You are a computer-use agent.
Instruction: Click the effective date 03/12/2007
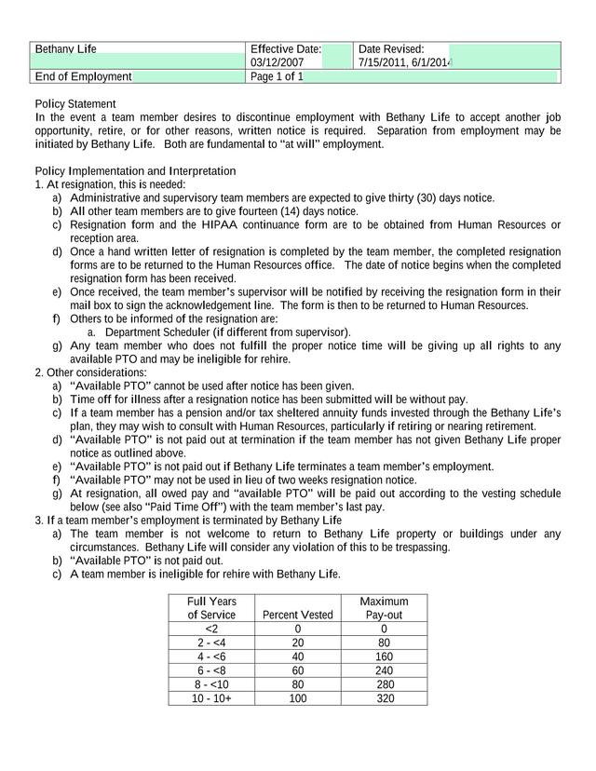(278, 62)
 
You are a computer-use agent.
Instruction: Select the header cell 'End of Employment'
(83, 76)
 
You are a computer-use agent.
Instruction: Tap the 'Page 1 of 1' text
(278, 76)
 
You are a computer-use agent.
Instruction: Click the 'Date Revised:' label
(391, 48)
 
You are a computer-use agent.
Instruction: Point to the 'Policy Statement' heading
(75, 103)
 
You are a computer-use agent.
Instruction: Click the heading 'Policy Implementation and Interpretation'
(135, 170)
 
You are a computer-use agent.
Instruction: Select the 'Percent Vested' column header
(297, 615)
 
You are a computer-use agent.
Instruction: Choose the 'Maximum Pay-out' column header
(384, 608)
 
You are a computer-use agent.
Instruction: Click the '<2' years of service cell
(211, 629)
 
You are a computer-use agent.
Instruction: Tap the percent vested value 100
(297, 697)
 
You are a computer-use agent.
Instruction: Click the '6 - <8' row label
(211, 670)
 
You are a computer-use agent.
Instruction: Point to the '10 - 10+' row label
(211, 697)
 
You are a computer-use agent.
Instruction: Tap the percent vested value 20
(297, 642)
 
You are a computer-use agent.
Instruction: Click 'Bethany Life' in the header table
(65, 48)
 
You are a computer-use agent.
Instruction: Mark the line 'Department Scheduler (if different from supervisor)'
(227, 331)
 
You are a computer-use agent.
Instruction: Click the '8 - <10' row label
(211, 683)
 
